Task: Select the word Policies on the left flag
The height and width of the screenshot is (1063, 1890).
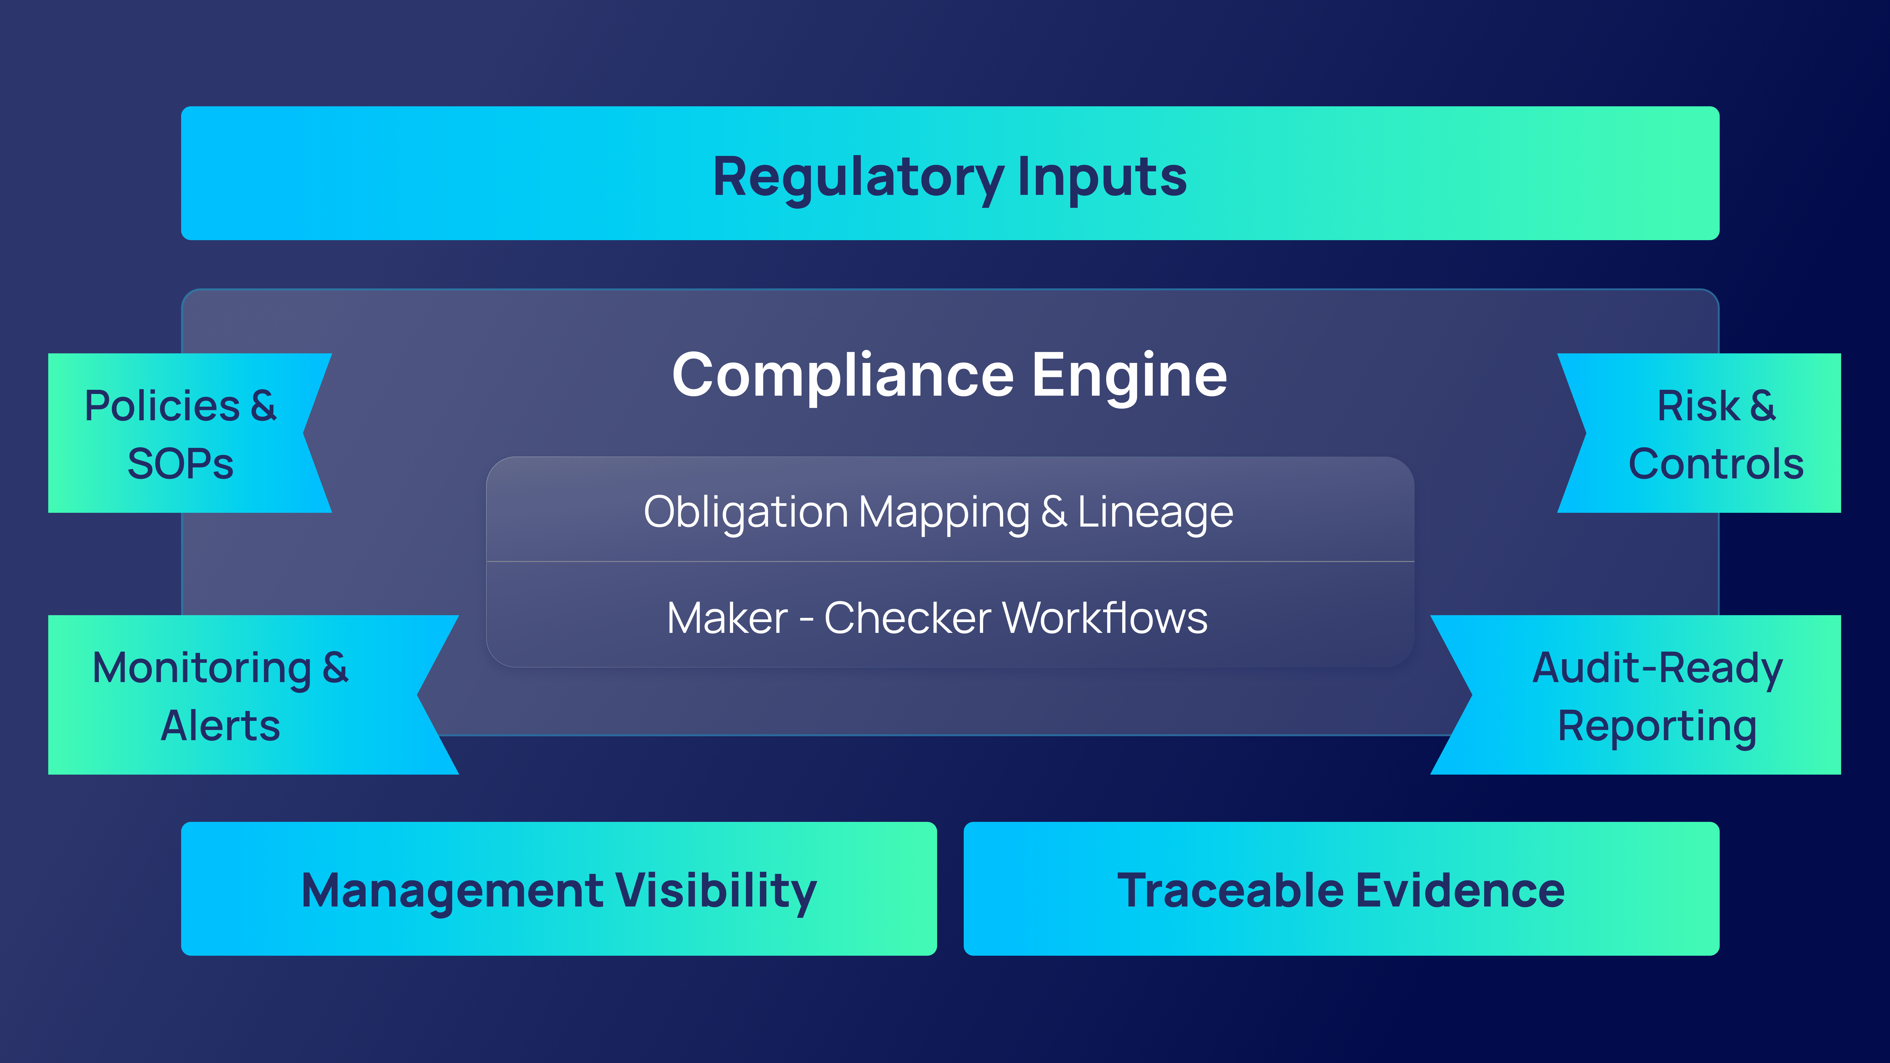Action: coord(162,406)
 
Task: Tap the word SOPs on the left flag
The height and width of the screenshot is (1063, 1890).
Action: coord(180,464)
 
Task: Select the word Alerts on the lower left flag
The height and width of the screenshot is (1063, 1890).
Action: coord(220,726)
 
